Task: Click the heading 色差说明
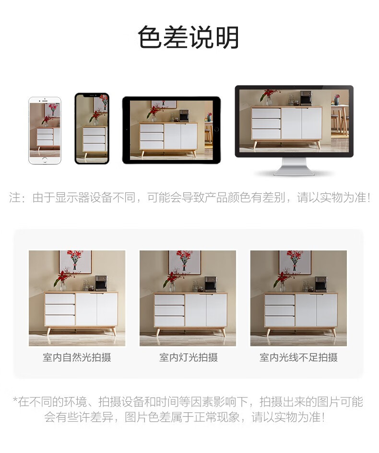pos(188,37)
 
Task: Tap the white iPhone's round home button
pos(45,160)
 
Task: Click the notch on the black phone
pos(92,95)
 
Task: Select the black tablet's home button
pos(216,130)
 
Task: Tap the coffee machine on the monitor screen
pos(305,98)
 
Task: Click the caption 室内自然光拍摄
pos(77,357)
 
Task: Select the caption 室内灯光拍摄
pos(189,357)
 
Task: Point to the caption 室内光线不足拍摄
pos(298,357)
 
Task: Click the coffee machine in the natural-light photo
pos(101,283)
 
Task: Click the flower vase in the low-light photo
pos(282,286)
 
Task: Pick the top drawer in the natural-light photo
pos(60,298)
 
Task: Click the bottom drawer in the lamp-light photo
pos(169,321)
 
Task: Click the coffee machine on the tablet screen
pos(184,115)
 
